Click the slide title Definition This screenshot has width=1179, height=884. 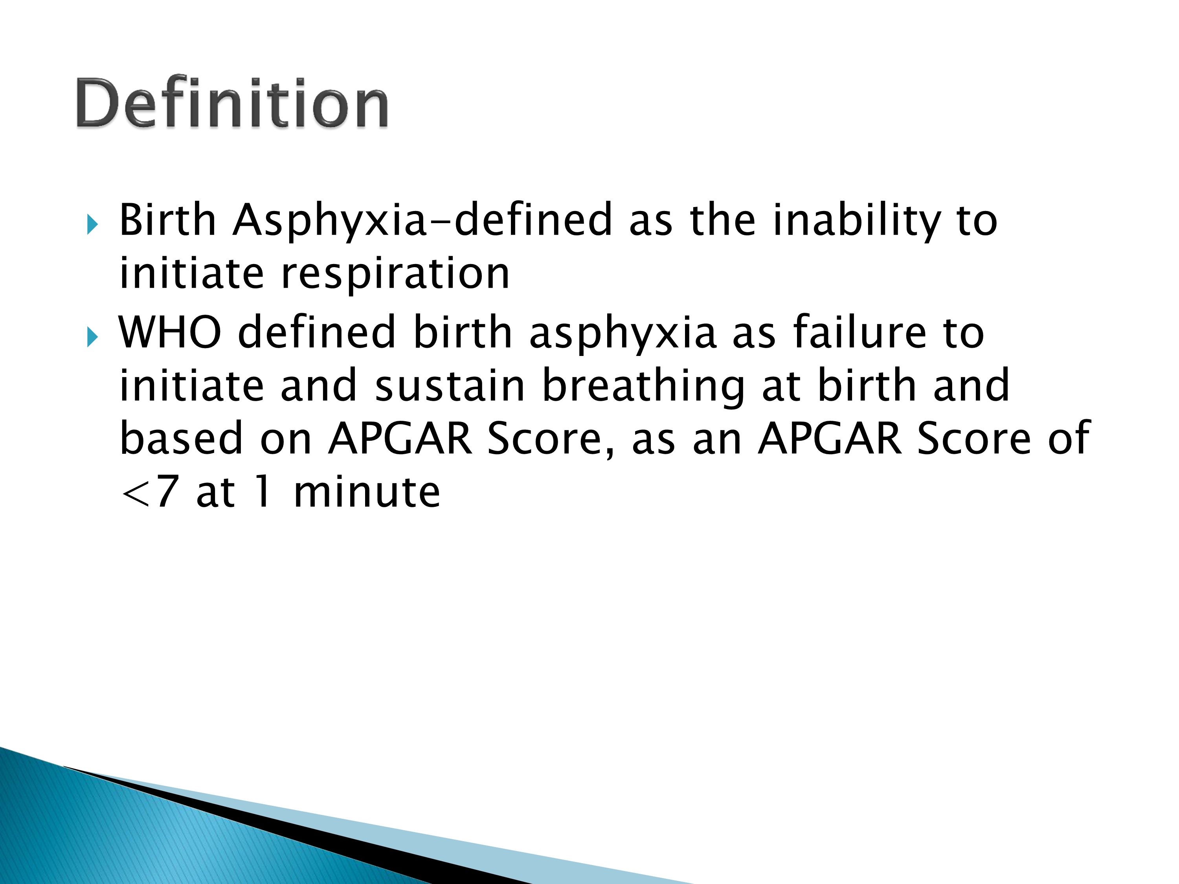(x=232, y=102)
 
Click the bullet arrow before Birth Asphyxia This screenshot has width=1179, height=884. (x=92, y=224)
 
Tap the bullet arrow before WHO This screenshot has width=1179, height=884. (x=92, y=337)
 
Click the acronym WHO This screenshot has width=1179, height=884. (x=169, y=332)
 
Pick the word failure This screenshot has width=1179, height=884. (x=860, y=332)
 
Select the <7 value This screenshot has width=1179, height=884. (x=149, y=492)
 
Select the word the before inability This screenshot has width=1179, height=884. (x=723, y=220)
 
